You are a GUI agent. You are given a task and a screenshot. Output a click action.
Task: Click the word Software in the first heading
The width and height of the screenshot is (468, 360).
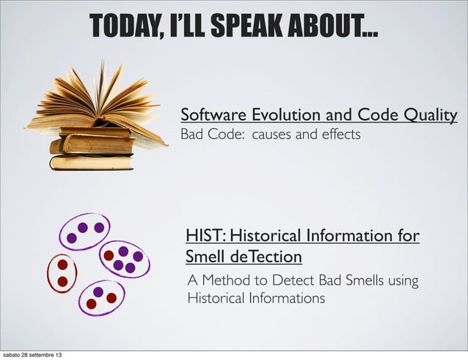click(x=213, y=115)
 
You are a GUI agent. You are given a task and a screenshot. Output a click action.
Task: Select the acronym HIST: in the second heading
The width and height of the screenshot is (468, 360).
click(x=205, y=236)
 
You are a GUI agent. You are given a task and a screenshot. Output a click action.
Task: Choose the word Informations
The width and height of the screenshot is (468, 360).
click(x=283, y=299)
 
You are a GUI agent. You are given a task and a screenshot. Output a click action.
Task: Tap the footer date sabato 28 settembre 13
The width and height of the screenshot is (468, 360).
click(x=32, y=355)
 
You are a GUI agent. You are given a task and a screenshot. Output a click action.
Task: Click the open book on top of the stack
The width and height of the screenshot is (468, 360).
click(x=95, y=103)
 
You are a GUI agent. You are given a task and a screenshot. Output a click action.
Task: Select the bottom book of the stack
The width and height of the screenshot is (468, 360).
click(x=92, y=162)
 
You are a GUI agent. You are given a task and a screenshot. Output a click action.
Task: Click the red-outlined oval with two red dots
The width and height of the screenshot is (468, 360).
click(x=62, y=273)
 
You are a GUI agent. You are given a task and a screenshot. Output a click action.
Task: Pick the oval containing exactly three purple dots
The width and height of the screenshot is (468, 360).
click(x=84, y=230)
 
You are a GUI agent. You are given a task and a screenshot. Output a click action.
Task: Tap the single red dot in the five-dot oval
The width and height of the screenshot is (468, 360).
click(x=109, y=255)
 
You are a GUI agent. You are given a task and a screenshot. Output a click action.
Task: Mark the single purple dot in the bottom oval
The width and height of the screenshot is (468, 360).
click(x=98, y=292)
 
